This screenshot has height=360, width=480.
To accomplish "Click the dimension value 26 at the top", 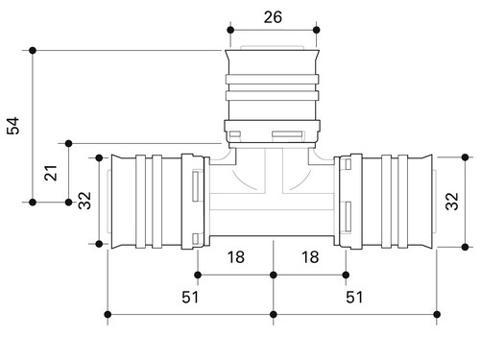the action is click(273, 17).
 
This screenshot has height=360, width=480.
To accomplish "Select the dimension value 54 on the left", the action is click(13, 126).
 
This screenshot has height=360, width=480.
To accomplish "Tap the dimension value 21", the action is click(51, 173).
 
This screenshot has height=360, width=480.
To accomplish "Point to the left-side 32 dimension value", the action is click(84, 201).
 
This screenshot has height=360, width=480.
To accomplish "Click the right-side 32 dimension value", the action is click(452, 201).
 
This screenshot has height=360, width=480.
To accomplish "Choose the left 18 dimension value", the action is click(236, 257).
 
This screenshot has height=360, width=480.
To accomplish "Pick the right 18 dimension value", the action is click(310, 257).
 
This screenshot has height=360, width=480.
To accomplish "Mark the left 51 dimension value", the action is click(190, 298).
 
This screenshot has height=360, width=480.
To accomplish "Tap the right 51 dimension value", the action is click(354, 298).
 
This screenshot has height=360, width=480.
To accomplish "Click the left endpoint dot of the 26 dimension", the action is click(230, 30).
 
